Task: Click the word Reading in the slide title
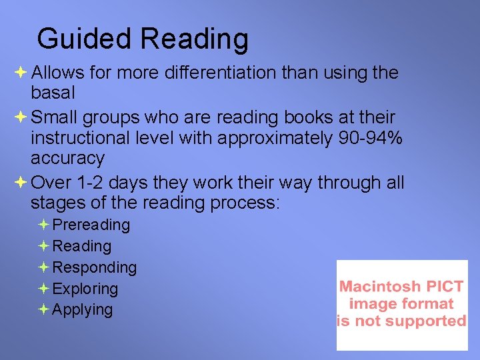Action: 195,39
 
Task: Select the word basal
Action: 53,91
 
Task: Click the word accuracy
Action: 67,159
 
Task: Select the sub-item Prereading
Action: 91,225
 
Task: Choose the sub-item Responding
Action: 94,267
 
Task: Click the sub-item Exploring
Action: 85,289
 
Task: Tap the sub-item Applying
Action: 83,309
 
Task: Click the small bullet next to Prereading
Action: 43,225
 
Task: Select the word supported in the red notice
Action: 428,321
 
